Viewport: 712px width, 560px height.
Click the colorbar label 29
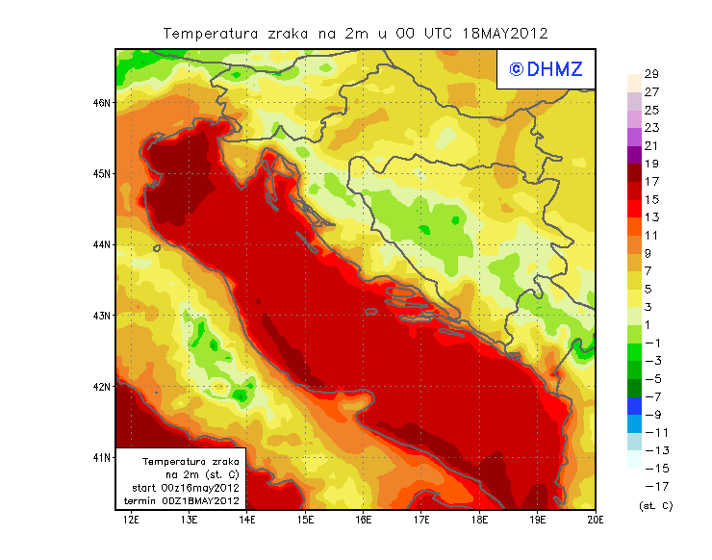(651, 74)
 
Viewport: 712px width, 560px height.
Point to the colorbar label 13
(651, 217)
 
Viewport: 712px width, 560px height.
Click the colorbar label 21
(651, 145)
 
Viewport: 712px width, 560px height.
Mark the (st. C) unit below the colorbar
(655, 505)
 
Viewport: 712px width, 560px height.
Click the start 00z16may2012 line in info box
(186, 488)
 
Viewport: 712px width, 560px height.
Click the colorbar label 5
(651, 289)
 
